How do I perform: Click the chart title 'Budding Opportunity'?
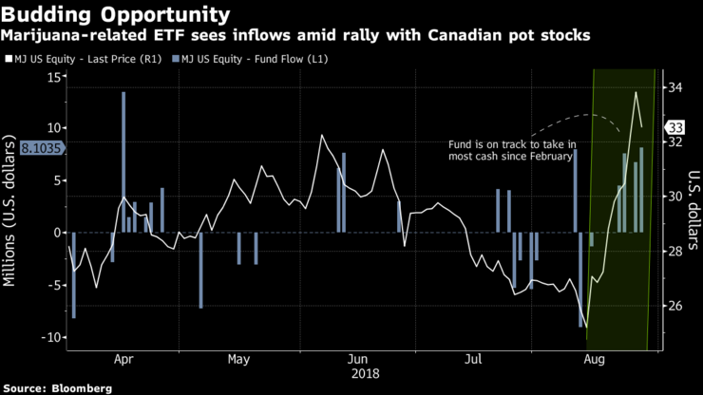(115, 14)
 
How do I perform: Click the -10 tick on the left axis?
(50, 337)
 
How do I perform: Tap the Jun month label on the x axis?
(357, 361)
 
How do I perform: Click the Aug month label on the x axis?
(594, 361)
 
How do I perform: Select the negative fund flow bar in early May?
(200, 270)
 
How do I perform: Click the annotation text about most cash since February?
(511, 150)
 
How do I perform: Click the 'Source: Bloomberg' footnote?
(56, 387)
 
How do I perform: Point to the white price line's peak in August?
(636, 92)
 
